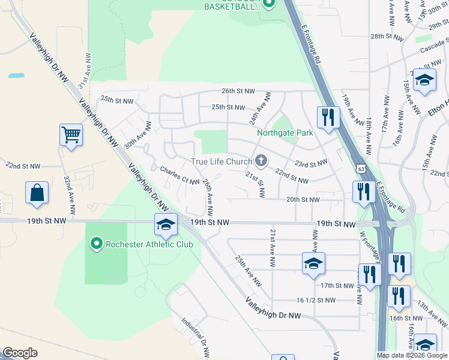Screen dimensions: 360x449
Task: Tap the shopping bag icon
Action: point(37,193)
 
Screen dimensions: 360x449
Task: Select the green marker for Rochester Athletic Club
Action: point(95,244)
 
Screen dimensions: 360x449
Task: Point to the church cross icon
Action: point(261,160)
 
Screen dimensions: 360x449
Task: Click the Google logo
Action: point(20,353)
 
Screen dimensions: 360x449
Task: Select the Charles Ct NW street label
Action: point(179,175)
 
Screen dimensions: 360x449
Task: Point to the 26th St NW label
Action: point(237,91)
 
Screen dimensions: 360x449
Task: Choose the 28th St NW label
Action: point(385,37)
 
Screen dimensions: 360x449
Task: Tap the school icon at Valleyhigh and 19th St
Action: point(165,224)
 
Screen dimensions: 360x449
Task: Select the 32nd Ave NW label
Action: point(70,196)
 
